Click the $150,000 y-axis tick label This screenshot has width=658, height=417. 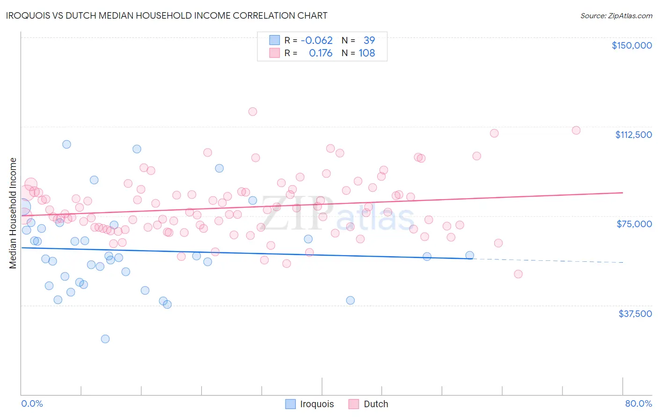click(631, 45)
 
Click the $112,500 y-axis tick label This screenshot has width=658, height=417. click(633, 135)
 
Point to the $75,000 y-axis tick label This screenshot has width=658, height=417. click(634, 224)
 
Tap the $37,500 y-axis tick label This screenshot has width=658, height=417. click(635, 314)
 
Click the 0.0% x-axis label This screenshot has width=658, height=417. click(32, 403)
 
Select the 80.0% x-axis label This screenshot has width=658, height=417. click(638, 403)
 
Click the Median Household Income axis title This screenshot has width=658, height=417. click(13, 213)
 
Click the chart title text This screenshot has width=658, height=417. click(167, 15)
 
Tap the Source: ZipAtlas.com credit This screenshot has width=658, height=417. click(616, 15)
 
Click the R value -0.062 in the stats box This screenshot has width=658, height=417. click(316, 40)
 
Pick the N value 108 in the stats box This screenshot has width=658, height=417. click(366, 53)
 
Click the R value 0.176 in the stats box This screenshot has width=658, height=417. click(321, 53)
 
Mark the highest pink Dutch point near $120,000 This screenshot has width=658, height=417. click(253, 111)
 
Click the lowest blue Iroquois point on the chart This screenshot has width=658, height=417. click(105, 339)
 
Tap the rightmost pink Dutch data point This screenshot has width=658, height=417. click(576, 130)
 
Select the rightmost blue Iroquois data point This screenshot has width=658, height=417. click(469, 255)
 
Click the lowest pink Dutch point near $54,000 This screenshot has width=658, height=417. click(518, 274)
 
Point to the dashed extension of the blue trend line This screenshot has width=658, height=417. click(548, 260)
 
